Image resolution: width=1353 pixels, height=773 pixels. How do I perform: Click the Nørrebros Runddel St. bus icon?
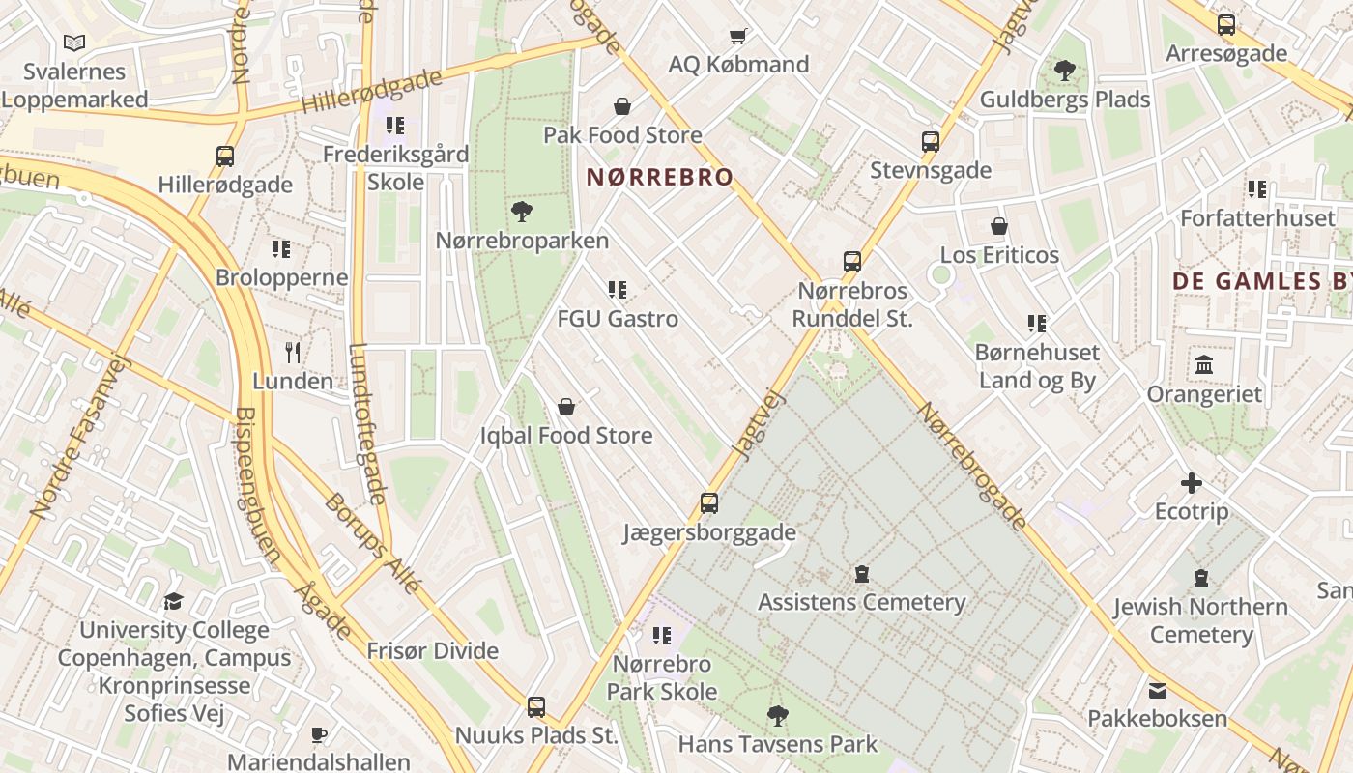[x=851, y=261]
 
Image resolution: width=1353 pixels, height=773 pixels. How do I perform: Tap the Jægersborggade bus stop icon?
[x=708, y=502]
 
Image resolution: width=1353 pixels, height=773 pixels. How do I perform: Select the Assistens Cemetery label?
[x=861, y=602]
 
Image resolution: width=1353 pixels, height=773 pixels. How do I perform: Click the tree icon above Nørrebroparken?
[x=522, y=211]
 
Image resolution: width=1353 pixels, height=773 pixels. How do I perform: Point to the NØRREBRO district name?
[x=660, y=177]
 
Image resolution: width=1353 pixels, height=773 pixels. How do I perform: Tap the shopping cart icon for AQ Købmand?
[x=738, y=37]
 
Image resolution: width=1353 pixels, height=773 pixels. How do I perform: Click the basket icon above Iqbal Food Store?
[x=566, y=407]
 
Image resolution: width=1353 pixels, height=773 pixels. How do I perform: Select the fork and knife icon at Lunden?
[x=293, y=352]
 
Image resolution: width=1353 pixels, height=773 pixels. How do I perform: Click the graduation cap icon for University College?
[x=173, y=601]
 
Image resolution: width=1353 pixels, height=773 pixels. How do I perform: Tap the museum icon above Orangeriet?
[x=1204, y=365]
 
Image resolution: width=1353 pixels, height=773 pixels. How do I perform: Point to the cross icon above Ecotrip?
[x=1191, y=482]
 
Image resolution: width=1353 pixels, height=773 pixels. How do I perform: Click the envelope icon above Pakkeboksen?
[x=1157, y=690]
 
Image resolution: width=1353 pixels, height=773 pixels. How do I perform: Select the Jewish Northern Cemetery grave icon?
[x=1200, y=578]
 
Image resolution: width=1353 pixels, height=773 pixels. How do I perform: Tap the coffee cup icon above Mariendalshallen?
[x=318, y=734]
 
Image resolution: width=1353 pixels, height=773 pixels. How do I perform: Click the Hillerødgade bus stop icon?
[x=224, y=156]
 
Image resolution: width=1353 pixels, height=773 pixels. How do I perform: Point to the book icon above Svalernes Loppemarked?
[x=74, y=43]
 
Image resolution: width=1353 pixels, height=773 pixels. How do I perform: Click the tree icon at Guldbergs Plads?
[x=1064, y=71]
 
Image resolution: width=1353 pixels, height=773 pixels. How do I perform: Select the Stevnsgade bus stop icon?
[x=930, y=142]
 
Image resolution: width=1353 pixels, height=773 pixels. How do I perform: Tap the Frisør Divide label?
[x=432, y=650]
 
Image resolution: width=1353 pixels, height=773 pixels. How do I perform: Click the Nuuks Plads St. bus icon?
[x=535, y=706]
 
